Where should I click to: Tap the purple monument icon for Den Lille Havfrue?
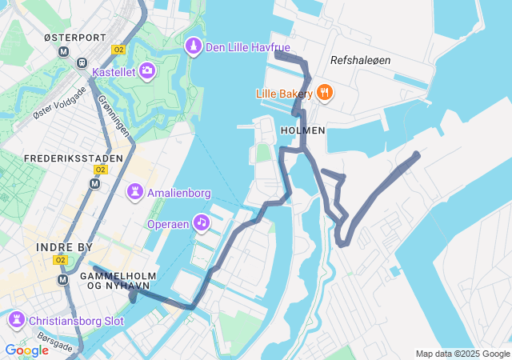[194, 47]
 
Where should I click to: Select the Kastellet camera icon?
[147, 72]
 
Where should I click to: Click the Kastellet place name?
[114, 72]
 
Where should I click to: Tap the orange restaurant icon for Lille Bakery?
[324, 93]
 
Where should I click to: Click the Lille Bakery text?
[284, 93]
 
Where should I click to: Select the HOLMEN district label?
[303, 130]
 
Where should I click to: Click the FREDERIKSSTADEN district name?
[74, 158]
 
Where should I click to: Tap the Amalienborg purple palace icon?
[135, 192]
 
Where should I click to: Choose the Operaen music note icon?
[202, 222]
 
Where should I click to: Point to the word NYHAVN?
[123, 286]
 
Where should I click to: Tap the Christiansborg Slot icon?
[16, 321]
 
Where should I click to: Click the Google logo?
[26, 350]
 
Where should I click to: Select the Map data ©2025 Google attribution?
[462, 354]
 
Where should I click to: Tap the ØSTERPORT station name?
[74, 38]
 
